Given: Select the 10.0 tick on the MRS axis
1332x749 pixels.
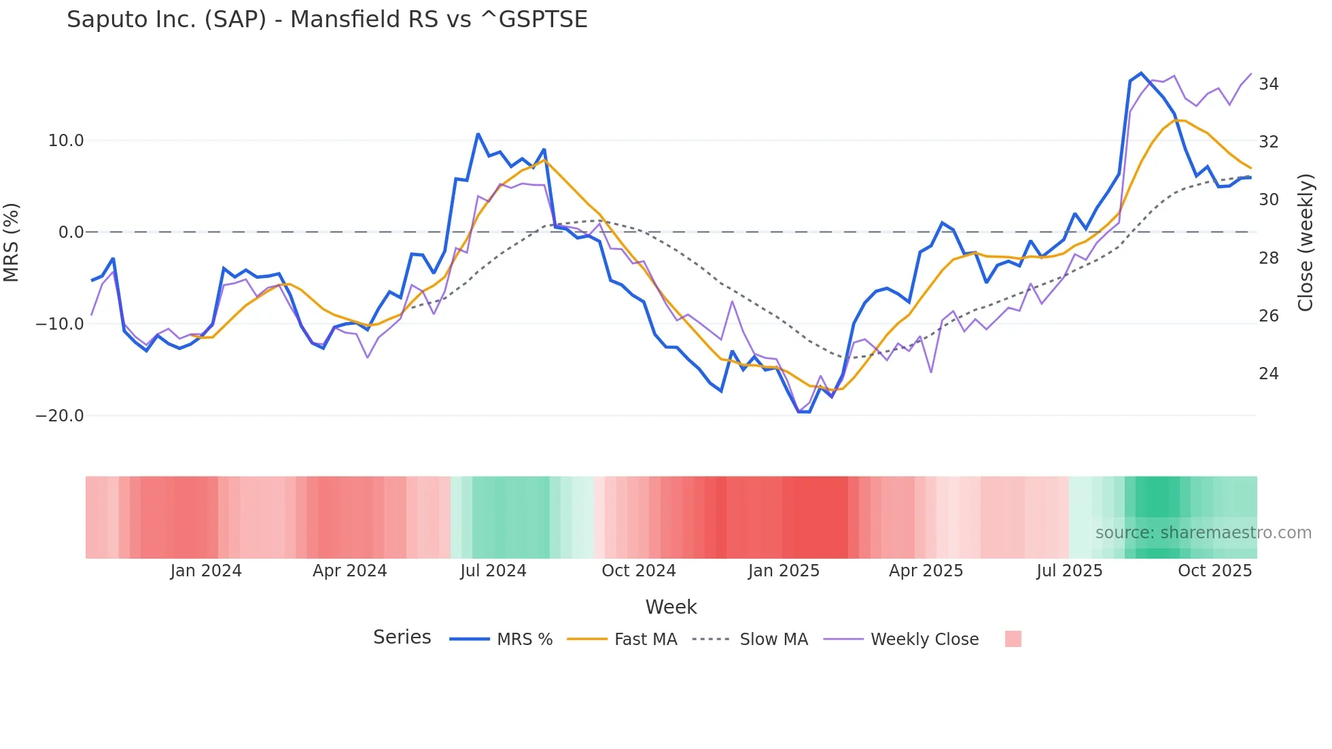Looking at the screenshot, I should pyautogui.click(x=66, y=141).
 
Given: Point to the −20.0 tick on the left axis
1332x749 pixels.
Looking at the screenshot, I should pyautogui.click(x=60, y=416).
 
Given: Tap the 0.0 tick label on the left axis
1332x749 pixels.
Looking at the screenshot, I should pyautogui.click(x=71, y=232).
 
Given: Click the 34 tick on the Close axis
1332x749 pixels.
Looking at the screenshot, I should pyautogui.click(x=1268, y=84).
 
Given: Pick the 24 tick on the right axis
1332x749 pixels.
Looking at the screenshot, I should pyautogui.click(x=1268, y=374).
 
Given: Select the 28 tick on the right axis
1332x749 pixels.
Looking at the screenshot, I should pyautogui.click(x=1268, y=258).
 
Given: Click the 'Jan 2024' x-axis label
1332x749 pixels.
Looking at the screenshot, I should pyautogui.click(x=205, y=571).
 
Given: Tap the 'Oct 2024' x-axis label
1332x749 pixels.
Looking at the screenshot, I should pyautogui.click(x=638, y=571).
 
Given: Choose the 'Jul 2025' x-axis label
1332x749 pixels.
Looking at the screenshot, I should pyautogui.click(x=1069, y=571).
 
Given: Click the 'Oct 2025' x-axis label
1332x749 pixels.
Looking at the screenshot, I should pyautogui.click(x=1214, y=571).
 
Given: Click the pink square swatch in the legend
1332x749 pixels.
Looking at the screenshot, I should pyautogui.click(x=1013, y=639).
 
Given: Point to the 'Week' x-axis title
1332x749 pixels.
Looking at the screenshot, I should pyautogui.click(x=671, y=607).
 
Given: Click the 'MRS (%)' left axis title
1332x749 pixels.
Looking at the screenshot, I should pyautogui.click(x=12, y=243).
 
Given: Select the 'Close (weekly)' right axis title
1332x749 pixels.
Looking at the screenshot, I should pyautogui.click(x=1305, y=243).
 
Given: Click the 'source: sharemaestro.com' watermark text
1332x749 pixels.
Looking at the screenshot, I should pyautogui.click(x=1203, y=533).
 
